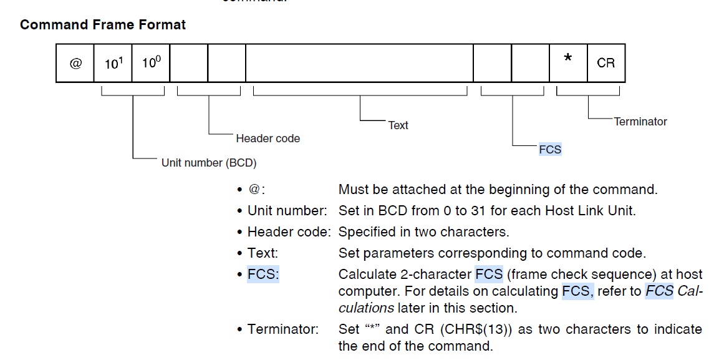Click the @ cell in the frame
(x=75, y=63)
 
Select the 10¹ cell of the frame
(x=113, y=63)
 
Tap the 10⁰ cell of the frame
(x=151, y=63)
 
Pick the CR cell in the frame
(x=606, y=63)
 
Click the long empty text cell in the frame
(x=359, y=63)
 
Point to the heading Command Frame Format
(x=103, y=25)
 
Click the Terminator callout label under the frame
(x=640, y=122)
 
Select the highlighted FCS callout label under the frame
(x=550, y=149)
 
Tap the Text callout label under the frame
(x=398, y=125)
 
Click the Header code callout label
(x=268, y=139)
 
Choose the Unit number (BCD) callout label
(x=209, y=163)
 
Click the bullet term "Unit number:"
(x=287, y=211)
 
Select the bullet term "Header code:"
(x=289, y=232)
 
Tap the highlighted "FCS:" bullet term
(x=263, y=275)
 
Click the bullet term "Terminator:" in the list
(x=282, y=329)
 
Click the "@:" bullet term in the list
(x=257, y=190)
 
